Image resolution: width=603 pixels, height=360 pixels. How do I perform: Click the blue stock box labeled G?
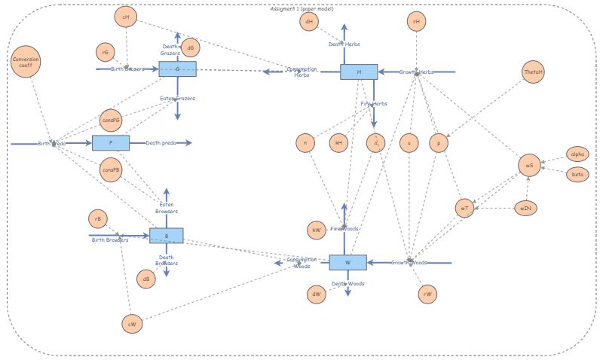point(178,69)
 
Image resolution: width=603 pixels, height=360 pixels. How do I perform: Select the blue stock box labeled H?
point(359,72)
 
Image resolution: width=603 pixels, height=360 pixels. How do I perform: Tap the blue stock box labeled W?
point(347,263)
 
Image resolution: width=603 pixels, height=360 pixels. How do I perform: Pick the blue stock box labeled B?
point(165,236)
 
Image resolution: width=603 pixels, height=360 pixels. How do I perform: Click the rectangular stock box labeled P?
point(111,143)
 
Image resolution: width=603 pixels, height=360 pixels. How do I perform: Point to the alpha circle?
point(577,154)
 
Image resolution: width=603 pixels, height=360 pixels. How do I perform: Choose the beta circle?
point(577,174)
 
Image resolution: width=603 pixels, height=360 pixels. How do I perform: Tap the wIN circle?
point(525,208)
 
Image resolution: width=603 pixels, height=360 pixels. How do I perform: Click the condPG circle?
point(111,120)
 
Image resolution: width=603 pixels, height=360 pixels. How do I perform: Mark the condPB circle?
point(111,169)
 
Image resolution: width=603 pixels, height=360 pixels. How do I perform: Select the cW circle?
point(132,324)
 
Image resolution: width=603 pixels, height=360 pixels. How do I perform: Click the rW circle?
point(427,294)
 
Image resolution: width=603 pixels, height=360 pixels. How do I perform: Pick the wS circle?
point(529,166)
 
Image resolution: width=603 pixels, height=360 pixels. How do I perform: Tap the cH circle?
point(125,17)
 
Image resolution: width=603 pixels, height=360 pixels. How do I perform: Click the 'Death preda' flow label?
point(161,143)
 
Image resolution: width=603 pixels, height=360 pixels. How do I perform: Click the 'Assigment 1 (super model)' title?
point(301,9)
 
